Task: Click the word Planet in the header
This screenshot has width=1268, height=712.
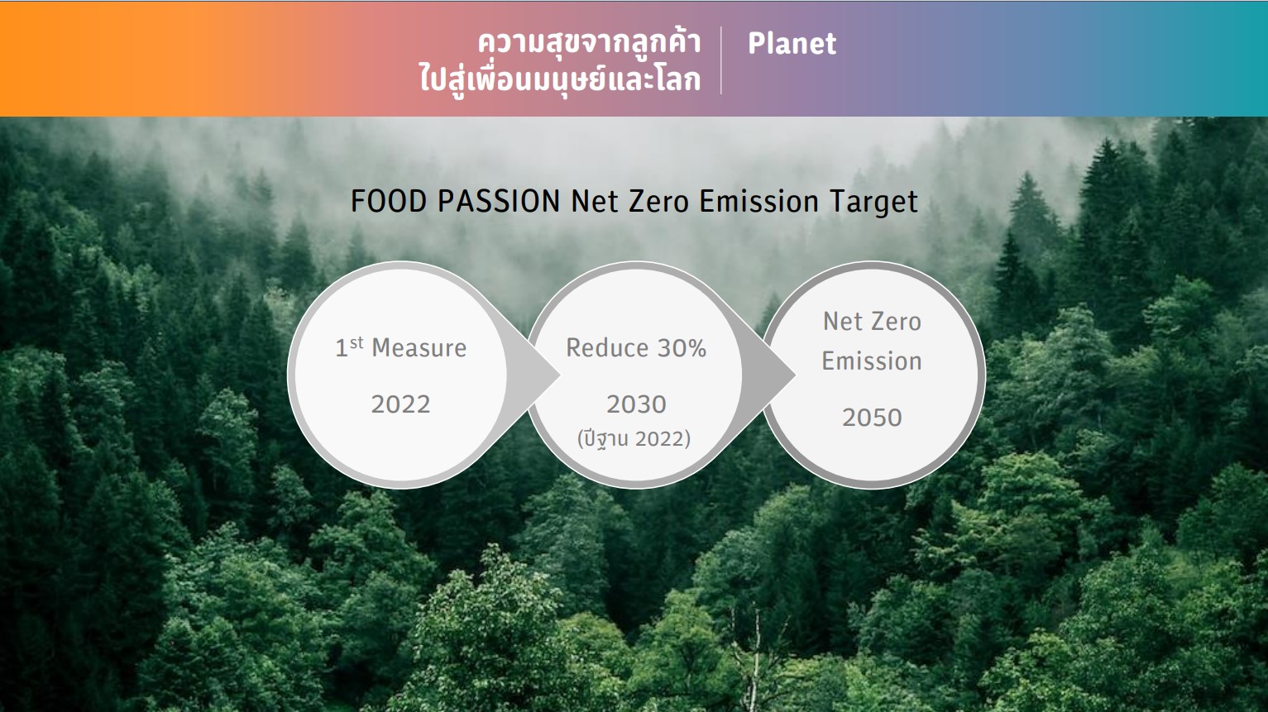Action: tap(792, 44)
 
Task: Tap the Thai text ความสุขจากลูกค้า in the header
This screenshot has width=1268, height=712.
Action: tap(589, 42)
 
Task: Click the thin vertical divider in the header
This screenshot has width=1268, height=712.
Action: tap(720, 60)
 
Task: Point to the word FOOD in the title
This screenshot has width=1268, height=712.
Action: tap(388, 202)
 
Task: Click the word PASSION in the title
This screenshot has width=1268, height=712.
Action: tap(499, 202)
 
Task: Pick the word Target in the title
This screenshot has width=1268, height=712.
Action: tap(873, 203)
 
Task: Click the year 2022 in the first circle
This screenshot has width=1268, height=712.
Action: tap(401, 404)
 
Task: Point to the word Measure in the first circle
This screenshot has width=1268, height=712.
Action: tap(419, 348)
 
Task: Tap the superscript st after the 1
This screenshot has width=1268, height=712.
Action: tap(356, 342)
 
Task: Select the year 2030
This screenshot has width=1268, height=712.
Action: tap(636, 404)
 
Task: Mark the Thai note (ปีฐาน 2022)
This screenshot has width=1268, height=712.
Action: tap(634, 439)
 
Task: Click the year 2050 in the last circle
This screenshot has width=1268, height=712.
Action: tap(872, 418)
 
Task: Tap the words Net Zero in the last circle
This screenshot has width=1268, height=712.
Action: tap(872, 322)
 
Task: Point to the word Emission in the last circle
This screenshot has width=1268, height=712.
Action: tap(872, 361)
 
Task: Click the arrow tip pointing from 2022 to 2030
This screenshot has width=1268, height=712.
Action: tap(560, 375)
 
